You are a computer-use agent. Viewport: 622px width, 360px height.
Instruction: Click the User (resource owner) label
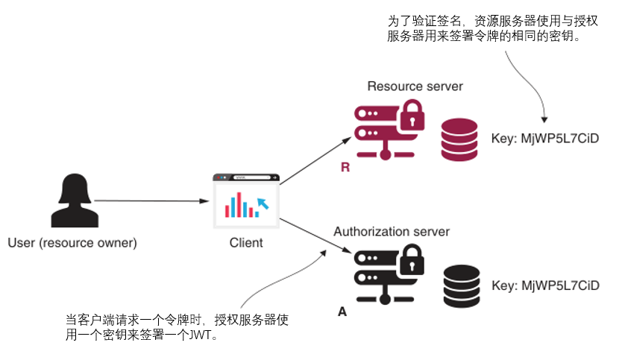(72, 243)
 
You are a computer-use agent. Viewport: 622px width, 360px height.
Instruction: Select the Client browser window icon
(245, 200)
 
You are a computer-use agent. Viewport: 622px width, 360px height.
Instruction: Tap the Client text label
(245, 243)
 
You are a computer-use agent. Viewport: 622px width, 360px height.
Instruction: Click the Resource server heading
(415, 86)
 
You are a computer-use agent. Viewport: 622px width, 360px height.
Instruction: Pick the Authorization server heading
(392, 232)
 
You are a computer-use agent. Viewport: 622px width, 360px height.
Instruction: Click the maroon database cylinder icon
(459, 139)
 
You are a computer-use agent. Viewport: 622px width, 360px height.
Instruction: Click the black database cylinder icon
(462, 285)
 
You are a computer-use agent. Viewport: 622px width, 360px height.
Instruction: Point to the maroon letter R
(345, 168)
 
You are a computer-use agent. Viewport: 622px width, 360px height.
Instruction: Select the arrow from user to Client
(149, 200)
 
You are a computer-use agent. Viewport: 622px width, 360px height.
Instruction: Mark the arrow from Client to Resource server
(315, 160)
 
